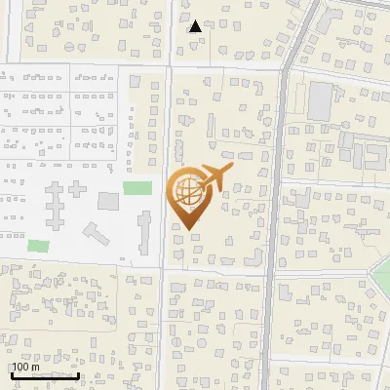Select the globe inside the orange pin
pos(186,191)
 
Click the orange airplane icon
pos(215,178)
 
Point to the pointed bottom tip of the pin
pos(187,229)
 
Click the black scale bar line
pos(45,375)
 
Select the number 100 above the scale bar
pos(21,367)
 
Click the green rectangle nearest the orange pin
pos(137,187)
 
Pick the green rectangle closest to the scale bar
pos(39,246)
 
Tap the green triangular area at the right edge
pos(381,278)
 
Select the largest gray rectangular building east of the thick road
pos(321,97)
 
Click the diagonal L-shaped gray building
pos(96,235)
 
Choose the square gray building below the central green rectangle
pos(108,202)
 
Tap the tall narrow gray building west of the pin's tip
pos(145,232)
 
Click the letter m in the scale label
pos(37,367)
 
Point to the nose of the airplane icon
pos(232,171)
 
